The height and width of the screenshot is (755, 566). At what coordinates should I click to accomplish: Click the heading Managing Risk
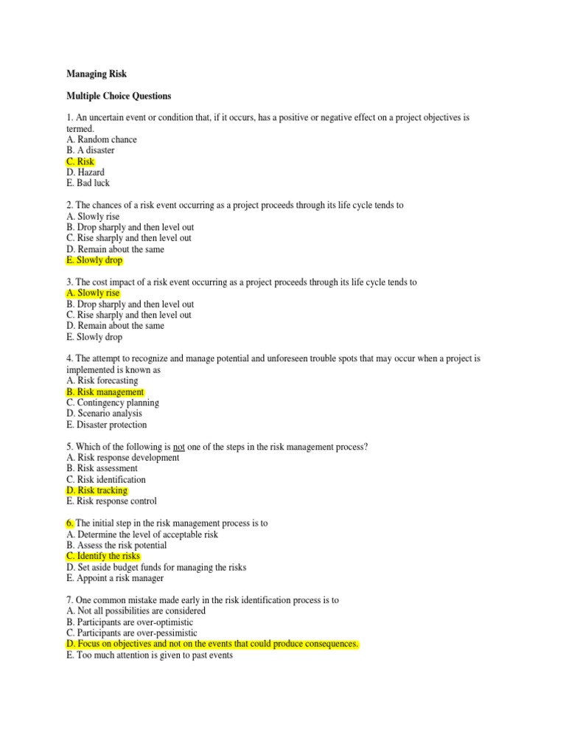point(97,74)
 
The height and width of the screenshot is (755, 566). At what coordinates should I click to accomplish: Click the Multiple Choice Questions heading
point(119,96)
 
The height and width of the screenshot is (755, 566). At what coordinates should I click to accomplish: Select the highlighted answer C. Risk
point(80,161)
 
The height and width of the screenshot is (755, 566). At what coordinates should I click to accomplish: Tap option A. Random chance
point(102,139)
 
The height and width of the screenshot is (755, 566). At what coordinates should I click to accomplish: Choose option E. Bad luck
point(88,183)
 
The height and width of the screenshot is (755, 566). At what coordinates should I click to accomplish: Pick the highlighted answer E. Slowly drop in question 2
point(94,260)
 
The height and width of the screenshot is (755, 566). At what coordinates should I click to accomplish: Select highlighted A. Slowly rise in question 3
point(93,293)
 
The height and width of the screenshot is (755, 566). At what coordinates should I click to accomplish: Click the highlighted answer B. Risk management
point(105,392)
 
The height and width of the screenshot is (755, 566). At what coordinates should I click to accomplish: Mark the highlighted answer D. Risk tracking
point(97,490)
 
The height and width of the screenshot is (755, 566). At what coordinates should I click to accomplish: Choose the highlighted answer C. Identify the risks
point(103,556)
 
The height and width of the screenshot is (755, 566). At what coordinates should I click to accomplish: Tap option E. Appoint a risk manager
point(115,578)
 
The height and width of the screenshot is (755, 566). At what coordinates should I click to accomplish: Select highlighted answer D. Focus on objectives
point(212,644)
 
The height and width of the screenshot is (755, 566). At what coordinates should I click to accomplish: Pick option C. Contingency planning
point(113,403)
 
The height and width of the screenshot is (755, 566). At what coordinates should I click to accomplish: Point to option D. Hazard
point(85,173)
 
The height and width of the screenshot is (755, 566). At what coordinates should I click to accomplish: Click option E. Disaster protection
point(106,425)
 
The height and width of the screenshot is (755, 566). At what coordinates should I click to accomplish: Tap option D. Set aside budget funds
point(156,567)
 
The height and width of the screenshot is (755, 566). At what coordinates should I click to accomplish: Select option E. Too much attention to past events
point(150,655)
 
